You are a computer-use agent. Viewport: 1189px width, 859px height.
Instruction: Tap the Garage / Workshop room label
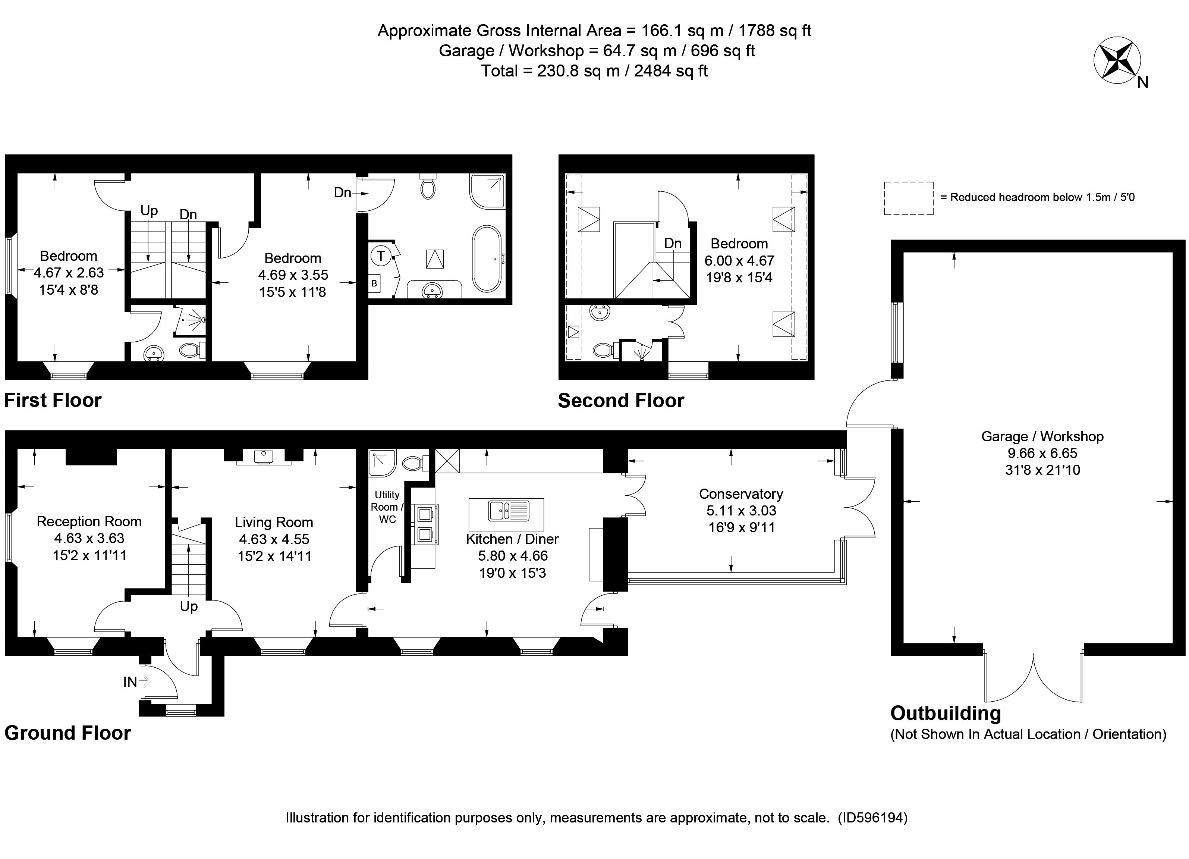coord(1042,436)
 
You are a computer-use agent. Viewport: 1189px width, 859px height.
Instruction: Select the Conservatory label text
coord(741,494)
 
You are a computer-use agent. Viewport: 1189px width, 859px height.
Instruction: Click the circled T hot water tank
coord(381,257)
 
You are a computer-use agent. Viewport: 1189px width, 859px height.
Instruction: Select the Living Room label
coord(274,522)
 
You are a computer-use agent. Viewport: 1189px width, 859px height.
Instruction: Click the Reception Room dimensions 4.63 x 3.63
coord(89,539)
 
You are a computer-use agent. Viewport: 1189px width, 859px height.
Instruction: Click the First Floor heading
coord(53,400)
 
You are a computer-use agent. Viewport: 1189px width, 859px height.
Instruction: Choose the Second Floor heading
coord(621,401)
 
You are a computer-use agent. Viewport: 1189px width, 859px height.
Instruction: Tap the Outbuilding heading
coord(945,713)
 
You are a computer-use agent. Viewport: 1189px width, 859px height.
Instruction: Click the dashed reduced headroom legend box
coord(909,198)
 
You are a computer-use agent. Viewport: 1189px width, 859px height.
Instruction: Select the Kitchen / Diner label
coord(512,539)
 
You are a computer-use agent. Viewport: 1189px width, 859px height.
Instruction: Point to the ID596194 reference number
coord(872,818)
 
